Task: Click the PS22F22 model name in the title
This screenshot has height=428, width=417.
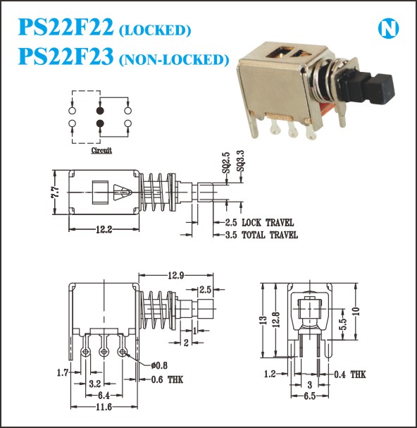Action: click(x=66, y=27)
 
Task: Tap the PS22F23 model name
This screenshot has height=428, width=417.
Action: click(x=66, y=56)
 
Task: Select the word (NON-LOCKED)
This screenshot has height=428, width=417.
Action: click(x=174, y=60)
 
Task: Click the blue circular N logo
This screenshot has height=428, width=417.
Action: click(x=388, y=28)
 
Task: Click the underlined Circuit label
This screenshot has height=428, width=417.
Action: click(x=101, y=150)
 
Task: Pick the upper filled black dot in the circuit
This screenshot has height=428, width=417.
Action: click(x=100, y=111)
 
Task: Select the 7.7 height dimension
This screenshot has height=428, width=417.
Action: click(x=56, y=192)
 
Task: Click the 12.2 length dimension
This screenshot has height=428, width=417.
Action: click(x=104, y=230)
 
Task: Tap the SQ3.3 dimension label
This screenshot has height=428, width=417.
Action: click(x=240, y=161)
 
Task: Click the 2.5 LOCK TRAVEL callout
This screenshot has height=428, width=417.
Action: click(x=259, y=223)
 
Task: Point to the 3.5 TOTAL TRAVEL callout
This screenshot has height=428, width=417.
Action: click(x=261, y=235)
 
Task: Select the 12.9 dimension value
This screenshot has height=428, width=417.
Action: click(x=176, y=276)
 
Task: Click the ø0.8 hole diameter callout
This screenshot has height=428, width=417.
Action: click(x=159, y=365)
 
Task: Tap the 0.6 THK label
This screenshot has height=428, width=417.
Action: click(x=167, y=379)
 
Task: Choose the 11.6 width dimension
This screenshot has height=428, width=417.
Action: click(x=104, y=407)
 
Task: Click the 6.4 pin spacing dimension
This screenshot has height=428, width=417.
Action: click(x=104, y=396)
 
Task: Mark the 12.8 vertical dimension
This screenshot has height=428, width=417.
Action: click(x=276, y=319)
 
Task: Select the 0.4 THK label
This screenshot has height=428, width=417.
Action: click(x=350, y=374)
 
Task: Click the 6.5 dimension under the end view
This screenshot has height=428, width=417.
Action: click(x=310, y=396)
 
